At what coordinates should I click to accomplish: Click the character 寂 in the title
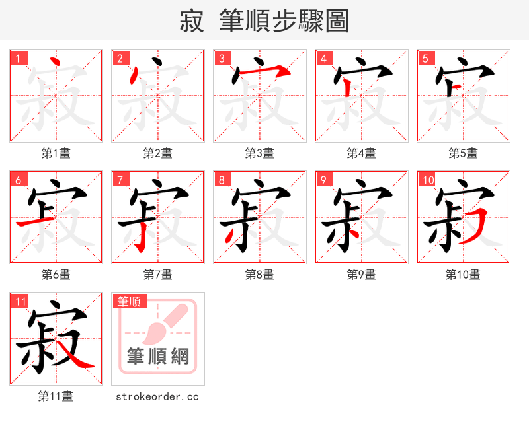[192, 21]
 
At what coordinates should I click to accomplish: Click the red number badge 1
[19, 58]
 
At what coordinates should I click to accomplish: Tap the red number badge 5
[427, 58]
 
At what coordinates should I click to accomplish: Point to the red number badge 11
[20, 301]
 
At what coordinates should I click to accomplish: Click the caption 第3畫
[259, 153]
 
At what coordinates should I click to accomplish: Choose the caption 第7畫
[157, 275]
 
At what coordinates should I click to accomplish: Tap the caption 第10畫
[463, 275]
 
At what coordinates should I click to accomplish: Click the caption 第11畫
[56, 396]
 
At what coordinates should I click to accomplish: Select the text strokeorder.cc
[157, 397]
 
